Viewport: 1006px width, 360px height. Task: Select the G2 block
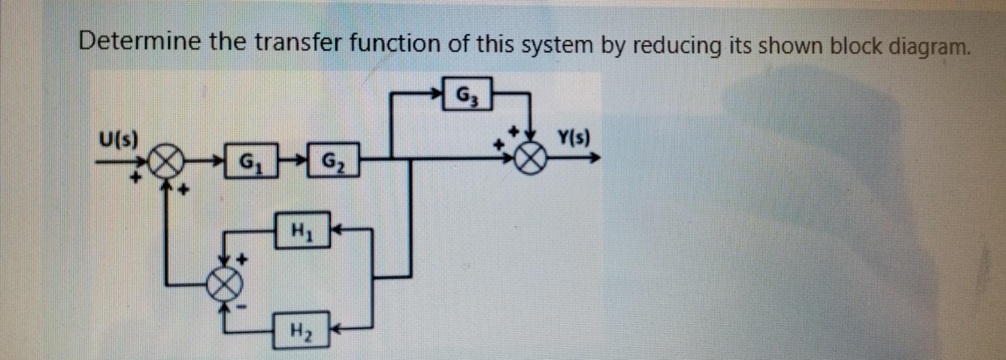coord(332,160)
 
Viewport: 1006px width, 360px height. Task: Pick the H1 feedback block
coord(303,230)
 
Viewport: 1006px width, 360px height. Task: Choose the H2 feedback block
coord(301,330)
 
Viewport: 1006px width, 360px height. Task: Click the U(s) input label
coord(118,140)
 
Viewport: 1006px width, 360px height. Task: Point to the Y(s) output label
coord(573,139)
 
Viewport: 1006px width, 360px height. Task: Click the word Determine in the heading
coord(139,41)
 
